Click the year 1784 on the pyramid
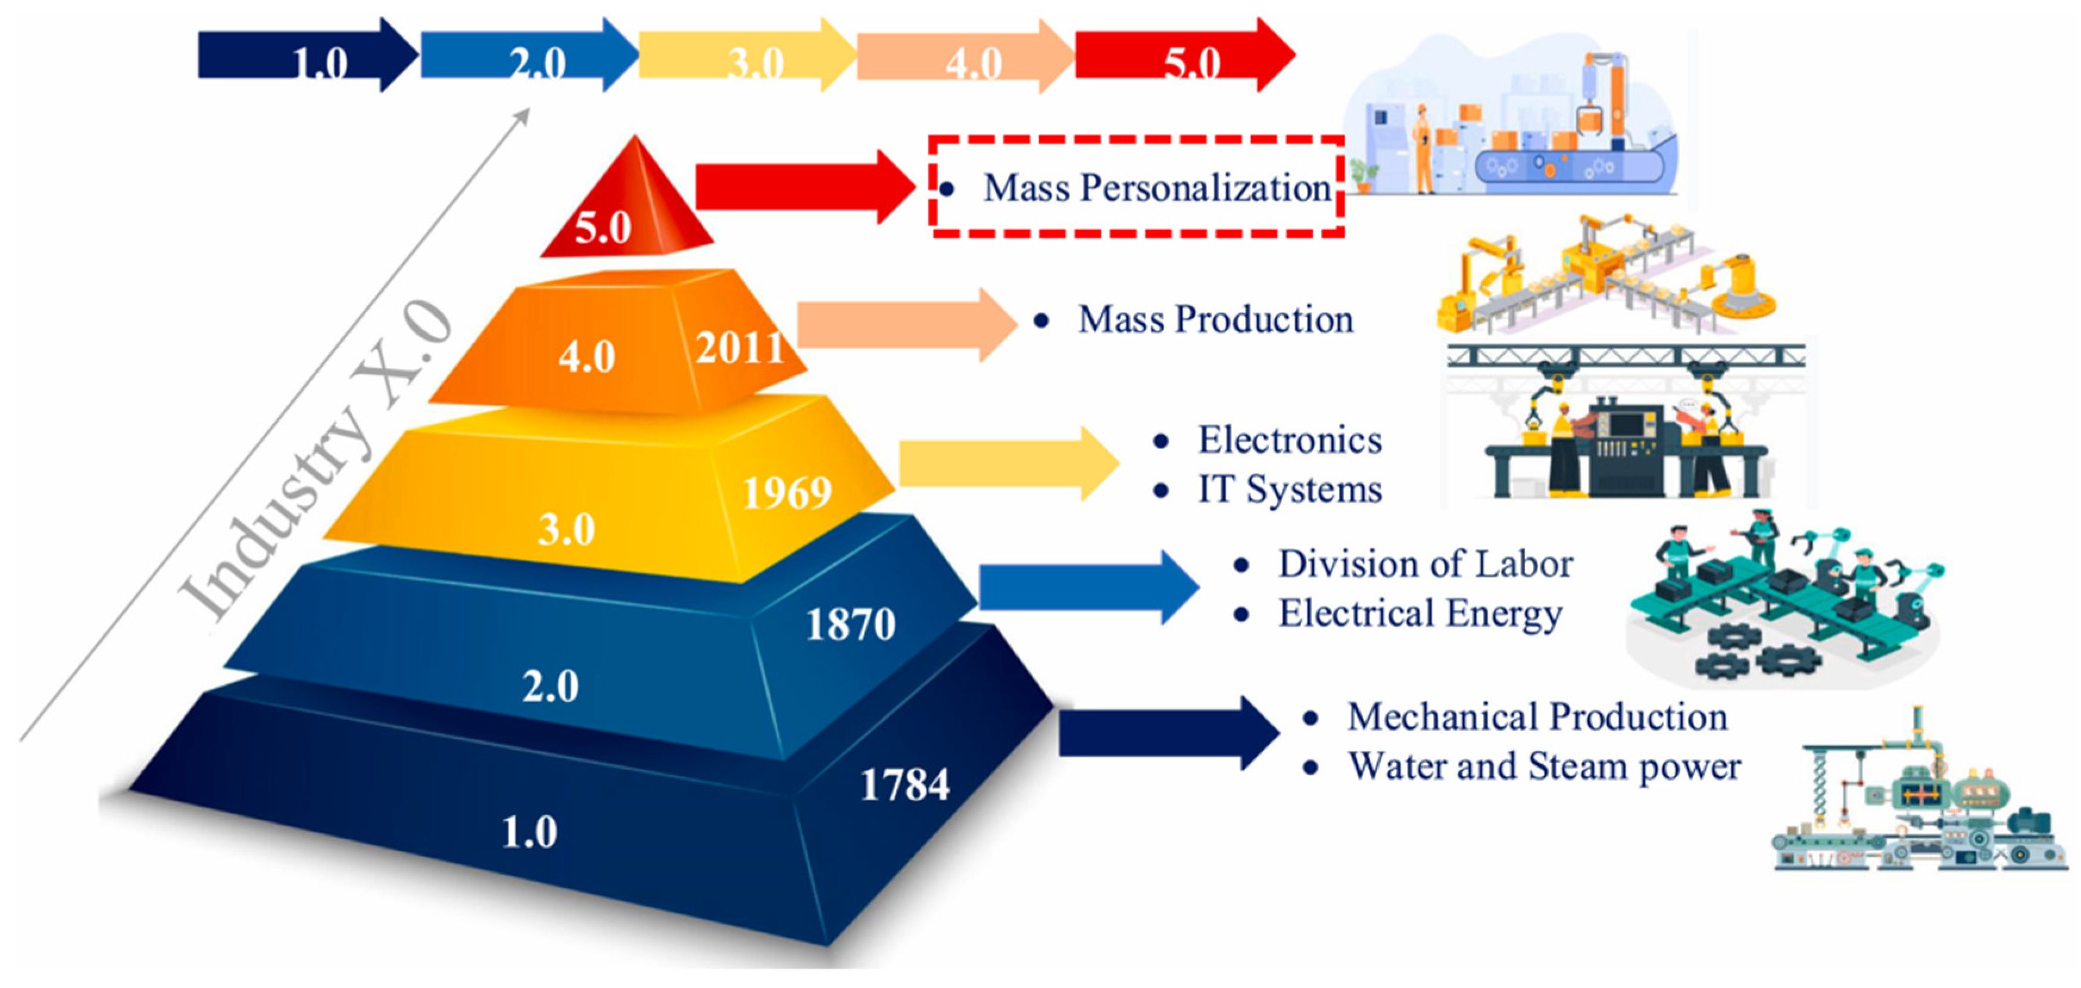tap(905, 784)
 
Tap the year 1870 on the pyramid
tap(851, 624)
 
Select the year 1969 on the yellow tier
tap(787, 492)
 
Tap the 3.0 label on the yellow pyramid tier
tap(566, 529)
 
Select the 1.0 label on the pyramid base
tap(529, 832)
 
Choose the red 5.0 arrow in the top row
tap(1185, 55)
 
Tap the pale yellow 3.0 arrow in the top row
tap(747, 55)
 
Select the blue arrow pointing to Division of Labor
tap(1089, 587)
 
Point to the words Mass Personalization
tap(1157, 188)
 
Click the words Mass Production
tap(1216, 319)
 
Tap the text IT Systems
tap(1289, 490)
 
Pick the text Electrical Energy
tap(1420, 614)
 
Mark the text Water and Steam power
tap(1545, 766)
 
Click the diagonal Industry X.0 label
tap(315, 460)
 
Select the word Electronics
tap(1289, 440)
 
